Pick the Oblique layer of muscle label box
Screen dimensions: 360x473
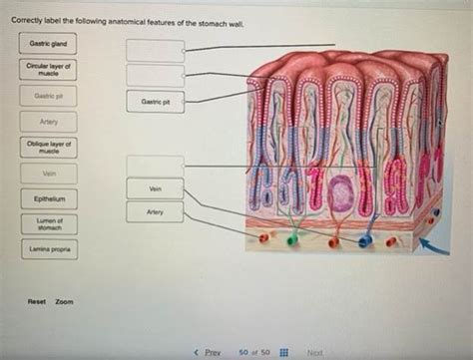tap(47, 148)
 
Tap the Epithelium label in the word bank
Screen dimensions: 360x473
tap(47, 198)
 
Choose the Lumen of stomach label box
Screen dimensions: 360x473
tap(47, 223)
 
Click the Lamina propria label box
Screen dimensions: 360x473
tap(47, 248)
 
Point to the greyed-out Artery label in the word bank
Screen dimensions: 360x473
tap(47, 122)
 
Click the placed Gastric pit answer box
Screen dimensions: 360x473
tap(156, 102)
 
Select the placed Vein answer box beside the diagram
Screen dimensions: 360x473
tap(156, 187)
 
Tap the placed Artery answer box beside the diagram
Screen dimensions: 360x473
tap(156, 211)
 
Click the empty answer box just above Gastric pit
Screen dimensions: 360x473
tap(156, 74)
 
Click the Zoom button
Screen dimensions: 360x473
tap(65, 301)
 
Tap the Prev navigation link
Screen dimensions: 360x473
tap(208, 352)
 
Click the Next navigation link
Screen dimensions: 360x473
tap(315, 352)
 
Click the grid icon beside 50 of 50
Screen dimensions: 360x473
tap(283, 352)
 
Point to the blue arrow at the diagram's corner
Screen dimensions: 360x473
tap(432, 243)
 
